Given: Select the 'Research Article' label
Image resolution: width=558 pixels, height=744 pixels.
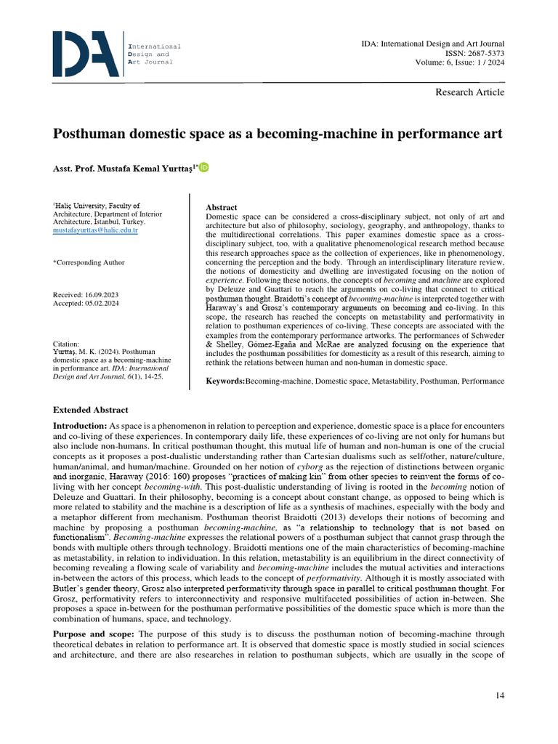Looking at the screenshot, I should pyautogui.click(x=469, y=92).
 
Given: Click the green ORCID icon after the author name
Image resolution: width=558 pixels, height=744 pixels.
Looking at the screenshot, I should pyautogui.click(x=203, y=168).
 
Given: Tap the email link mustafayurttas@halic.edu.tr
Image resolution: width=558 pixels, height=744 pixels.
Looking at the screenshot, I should pyautogui.click(x=95, y=230).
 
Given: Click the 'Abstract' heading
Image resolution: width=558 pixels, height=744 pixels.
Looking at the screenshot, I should pyautogui.click(x=222, y=208).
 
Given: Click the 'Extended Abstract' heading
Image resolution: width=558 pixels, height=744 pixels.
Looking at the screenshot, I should pyautogui.click(x=90, y=411).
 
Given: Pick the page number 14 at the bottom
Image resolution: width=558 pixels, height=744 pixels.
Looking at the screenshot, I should pyautogui.click(x=499, y=696).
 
